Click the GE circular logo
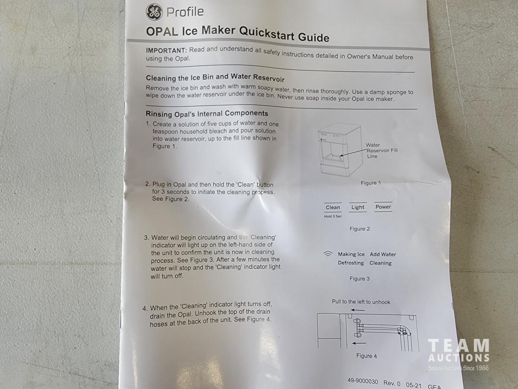[x=154, y=12]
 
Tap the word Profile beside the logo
[x=185, y=12]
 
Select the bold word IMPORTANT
[x=166, y=50]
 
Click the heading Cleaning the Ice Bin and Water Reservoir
[x=215, y=77]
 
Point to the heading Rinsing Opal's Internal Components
[x=207, y=114]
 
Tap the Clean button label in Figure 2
[x=333, y=207]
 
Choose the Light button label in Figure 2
[x=358, y=207]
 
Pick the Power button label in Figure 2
[x=383, y=207]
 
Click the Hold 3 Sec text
[x=333, y=217]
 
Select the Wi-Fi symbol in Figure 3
[x=328, y=255]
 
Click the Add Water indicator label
[x=383, y=255]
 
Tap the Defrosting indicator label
[x=351, y=263]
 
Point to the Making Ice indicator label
[x=351, y=254]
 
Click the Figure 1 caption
[x=370, y=183]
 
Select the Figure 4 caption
[x=366, y=356]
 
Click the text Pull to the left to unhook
[x=361, y=302]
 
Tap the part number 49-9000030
[x=363, y=381]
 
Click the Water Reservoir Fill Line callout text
[x=382, y=151]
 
